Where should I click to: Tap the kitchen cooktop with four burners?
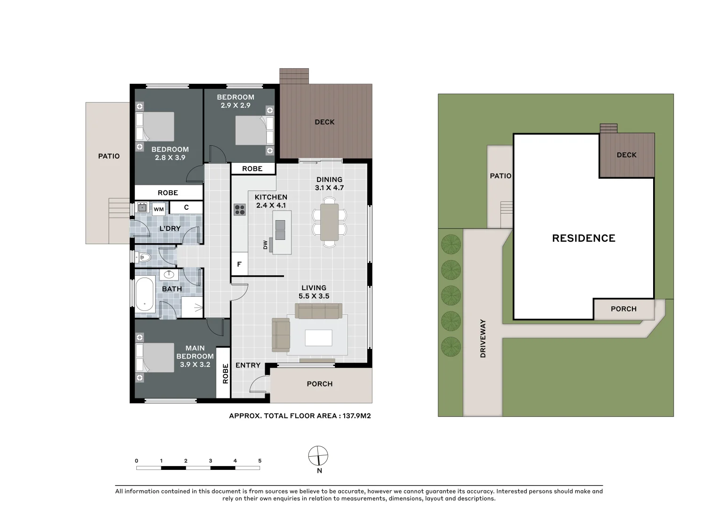(239, 210)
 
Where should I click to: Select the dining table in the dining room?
(329, 222)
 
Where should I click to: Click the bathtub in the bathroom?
(144, 294)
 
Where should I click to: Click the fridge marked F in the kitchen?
(239, 264)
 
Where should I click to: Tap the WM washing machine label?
(158, 209)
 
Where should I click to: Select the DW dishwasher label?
(265, 245)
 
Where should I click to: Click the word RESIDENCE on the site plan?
(584, 238)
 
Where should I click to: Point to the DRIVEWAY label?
(483, 338)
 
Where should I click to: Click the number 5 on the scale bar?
(260, 460)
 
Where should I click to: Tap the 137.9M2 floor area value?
(356, 416)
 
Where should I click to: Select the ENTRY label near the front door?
(248, 365)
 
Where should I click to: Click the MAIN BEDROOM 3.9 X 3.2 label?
(195, 356)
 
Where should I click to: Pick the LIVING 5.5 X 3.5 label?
(314, 292)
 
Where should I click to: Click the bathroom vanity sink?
(169, 274)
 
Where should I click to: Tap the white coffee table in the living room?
(318, 338)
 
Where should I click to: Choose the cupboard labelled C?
(186, 207)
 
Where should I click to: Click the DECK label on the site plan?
(626, 155)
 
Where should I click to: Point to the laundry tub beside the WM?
(142, 207)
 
